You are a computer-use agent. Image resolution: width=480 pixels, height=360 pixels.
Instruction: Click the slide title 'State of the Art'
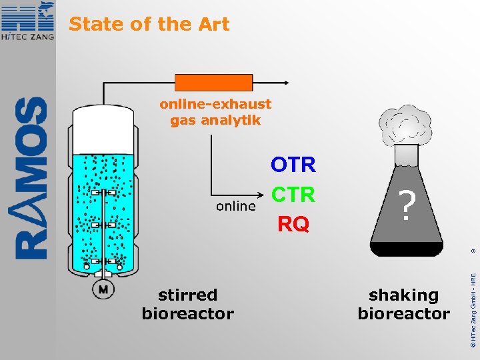pos(149,25)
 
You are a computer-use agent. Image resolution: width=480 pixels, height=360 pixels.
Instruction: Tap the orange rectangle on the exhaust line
pos(213,83)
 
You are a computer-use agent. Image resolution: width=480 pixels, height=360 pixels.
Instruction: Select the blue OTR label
pos(293,165)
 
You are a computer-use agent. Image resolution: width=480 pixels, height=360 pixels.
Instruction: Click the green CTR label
pos(293,195)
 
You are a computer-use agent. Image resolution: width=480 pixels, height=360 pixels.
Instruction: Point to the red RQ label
pos(293,225)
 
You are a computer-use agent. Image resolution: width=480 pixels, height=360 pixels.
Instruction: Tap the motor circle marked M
pos(103,289)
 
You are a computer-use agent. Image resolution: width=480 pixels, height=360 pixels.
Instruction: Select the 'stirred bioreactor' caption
pos(187,304)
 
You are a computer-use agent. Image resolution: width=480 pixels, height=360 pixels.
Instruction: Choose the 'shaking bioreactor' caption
pos(403,304)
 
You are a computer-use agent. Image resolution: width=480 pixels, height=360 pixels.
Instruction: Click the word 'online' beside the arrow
pos(235,206)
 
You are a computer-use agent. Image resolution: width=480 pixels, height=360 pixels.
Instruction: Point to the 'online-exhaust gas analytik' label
pos(215,112)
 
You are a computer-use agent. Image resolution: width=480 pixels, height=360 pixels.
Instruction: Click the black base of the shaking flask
pos(407,249)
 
